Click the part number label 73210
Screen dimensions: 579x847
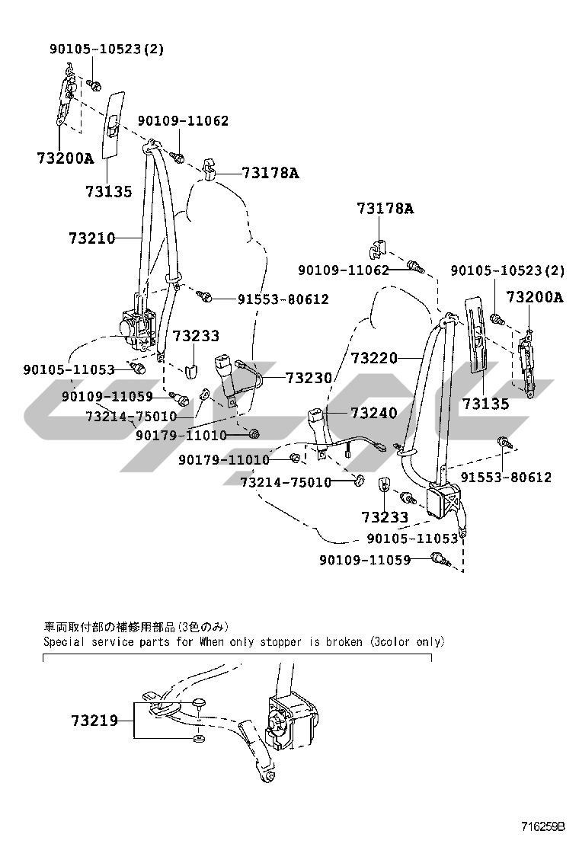coord(92,238)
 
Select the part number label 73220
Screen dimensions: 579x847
coord(374,357)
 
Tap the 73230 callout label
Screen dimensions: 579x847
coord(309,378)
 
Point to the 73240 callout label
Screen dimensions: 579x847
coord(374,414)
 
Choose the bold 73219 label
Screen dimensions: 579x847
coord(94,721)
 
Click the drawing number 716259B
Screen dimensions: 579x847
coord(542,826)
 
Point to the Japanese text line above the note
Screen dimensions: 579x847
coord(136,627)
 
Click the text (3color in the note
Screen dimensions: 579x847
coord(389,642)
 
